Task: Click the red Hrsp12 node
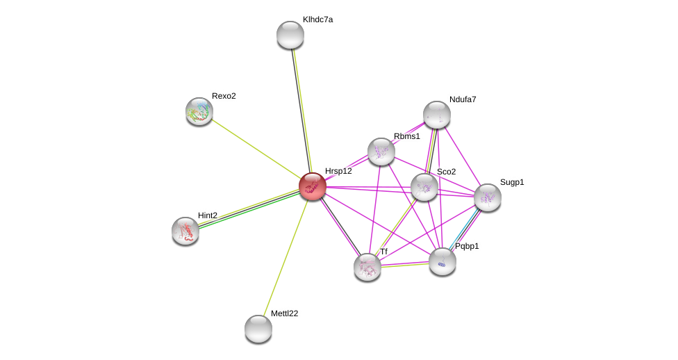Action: point(313,186)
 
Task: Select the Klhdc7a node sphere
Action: point(290,35)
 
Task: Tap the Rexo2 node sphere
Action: point(199,111)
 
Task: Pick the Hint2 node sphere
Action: point(185,231)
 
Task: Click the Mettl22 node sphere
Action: point(258,329)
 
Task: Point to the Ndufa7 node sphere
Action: point(437,115)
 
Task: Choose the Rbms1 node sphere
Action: point(381,152)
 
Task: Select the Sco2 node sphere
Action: point(424,187)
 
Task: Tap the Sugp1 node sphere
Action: point(488,197)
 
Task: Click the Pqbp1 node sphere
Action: point(443,261)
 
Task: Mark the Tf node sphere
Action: point(367,267)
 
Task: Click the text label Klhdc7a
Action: point(317,19)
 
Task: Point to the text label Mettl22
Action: point(284,313)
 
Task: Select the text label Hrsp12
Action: point(338,171)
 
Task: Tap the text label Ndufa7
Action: point(463,99)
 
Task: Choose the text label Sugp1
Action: point(512,182)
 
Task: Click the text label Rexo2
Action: point(224,96)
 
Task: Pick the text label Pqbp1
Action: point(467,246)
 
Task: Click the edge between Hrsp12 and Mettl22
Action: point(286,257)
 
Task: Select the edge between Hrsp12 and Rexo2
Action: point(256,148)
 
